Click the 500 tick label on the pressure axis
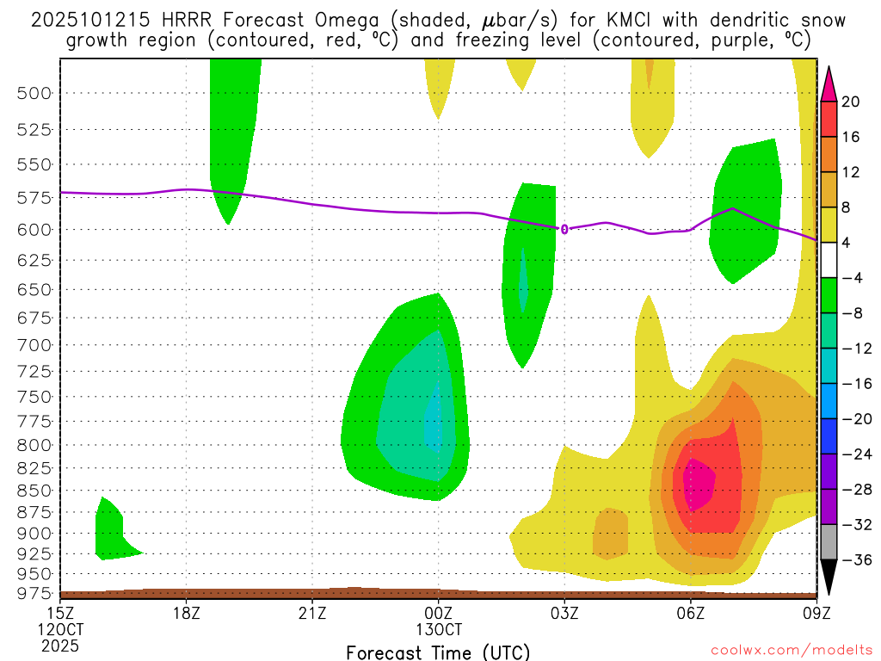tap(35, 93)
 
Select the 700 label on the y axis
tap(35, 345)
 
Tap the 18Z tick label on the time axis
tap(188, 613)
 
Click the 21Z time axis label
tap(313, 613)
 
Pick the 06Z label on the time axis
tap(691, 613)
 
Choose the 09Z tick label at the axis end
tap(816, 613)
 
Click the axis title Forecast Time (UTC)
tap(439, 652)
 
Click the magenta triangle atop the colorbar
tap(829, 83)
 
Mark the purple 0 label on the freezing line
tap(564, 229)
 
